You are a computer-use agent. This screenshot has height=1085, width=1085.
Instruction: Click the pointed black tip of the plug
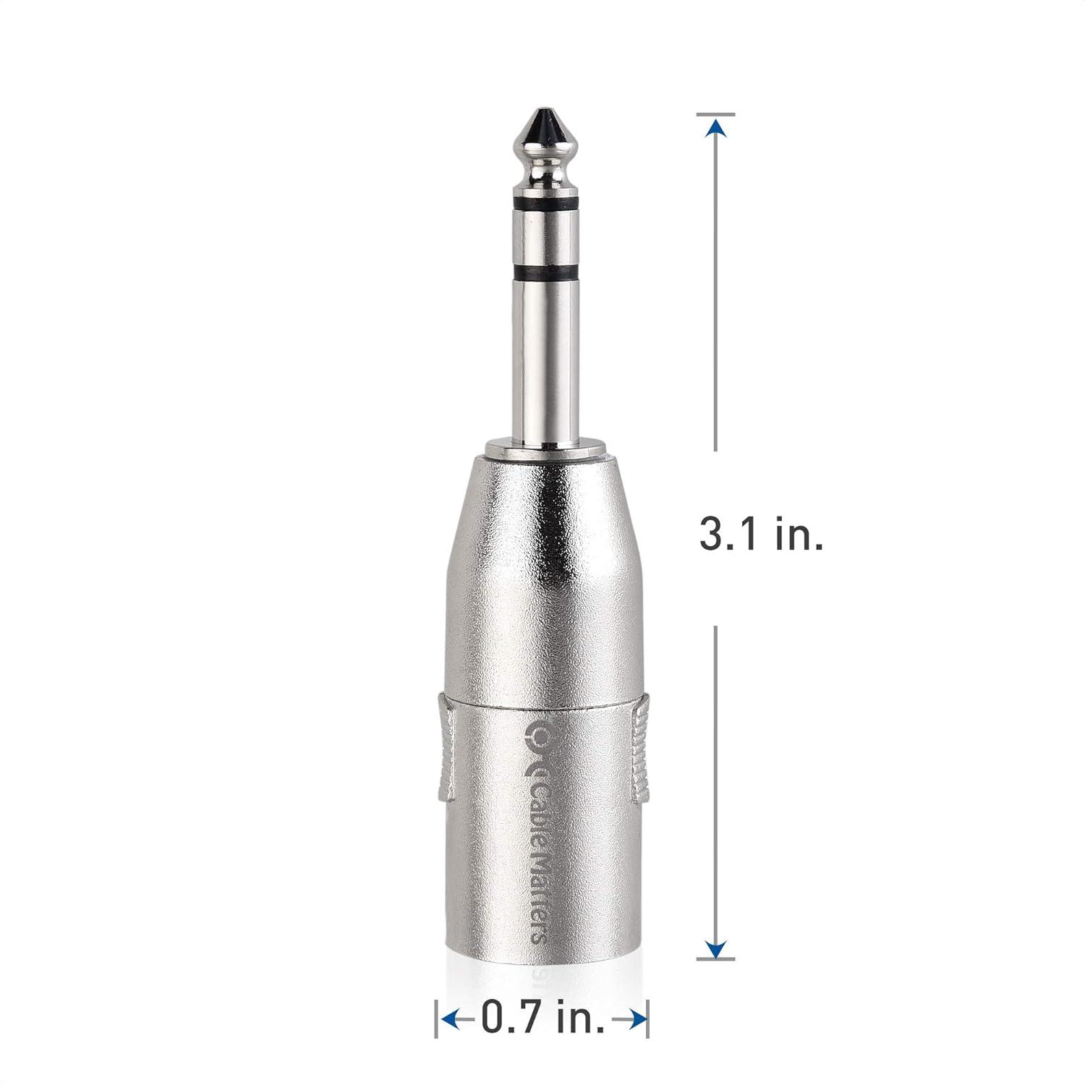click(x=542, y=119)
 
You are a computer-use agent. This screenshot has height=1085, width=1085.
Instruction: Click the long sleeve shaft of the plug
click(x=542, y=362)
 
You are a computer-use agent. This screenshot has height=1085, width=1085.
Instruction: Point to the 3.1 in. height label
click(x=761, y=537)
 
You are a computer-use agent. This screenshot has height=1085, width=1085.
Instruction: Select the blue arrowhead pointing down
click(x=716, y=948)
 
